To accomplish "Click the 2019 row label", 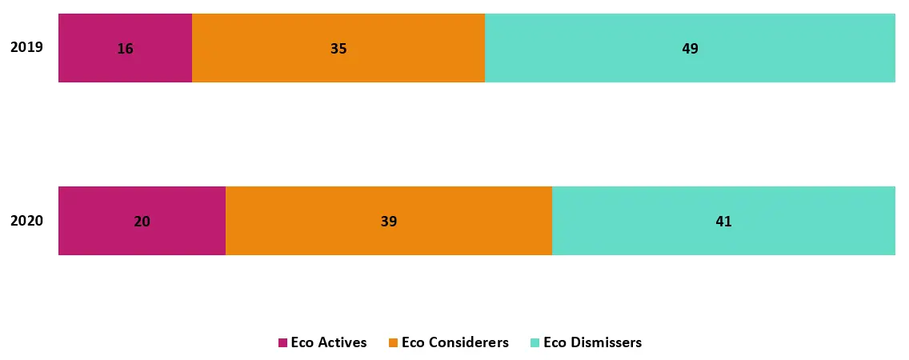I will pyautogui.click(x=26, y=48).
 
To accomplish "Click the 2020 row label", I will pyautogui.click(x=26, y=222).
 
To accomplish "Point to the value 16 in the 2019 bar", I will pyautogui.click(x=125, y=49).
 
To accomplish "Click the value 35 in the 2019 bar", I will pyautogui.click(x=338, y=49).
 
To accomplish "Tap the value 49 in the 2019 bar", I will pyautogui.click(x=690, y=49).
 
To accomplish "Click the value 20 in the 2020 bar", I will pyautogui.click(x=142, y=222).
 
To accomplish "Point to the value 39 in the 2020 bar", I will pyautogui.click(x=389, y=222).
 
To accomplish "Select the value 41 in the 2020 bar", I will pyautogui.click(x=723, y=222).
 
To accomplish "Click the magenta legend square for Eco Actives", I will pyautogui.click(x=282, y=343).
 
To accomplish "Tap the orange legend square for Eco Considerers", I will pyautogui.click(x=393, y=343).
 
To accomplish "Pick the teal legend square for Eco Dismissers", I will pyautogui.click(x=535, y=343).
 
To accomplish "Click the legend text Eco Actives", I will pyautogui.click(x=329, y=342).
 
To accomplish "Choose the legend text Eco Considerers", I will pyautogui.click(x=454, y=342).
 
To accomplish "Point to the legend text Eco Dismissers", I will pyautogui.click(x=592, y=342).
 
